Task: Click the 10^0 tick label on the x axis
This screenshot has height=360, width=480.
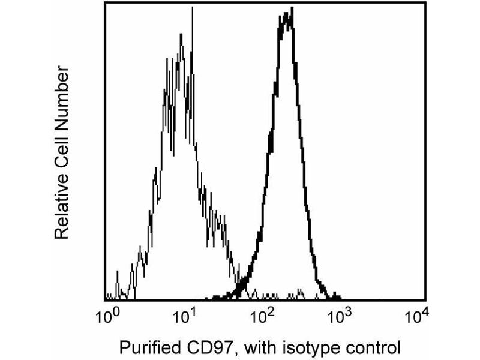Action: (109, 316)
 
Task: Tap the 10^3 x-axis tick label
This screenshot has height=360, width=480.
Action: (343, 316)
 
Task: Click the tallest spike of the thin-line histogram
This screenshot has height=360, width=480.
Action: (192, 8)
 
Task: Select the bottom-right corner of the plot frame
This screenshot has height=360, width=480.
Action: (425, 299)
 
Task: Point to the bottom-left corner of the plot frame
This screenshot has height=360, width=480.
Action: (105, 299)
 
